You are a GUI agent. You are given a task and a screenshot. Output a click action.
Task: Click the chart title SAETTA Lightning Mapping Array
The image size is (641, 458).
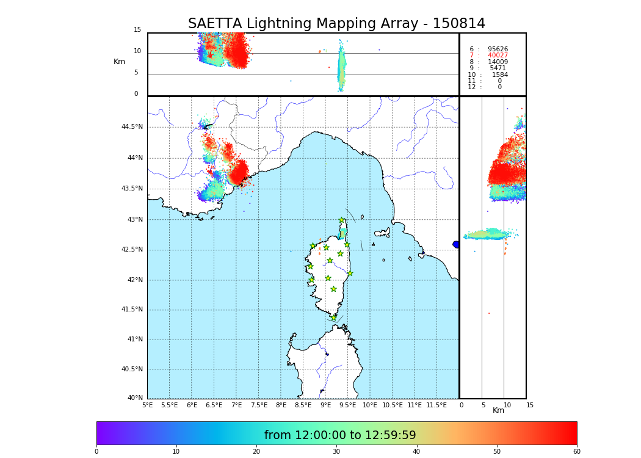pyautogui.click(x=336, y=24)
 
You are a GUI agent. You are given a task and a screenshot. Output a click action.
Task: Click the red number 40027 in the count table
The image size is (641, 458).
pyautogui.click(x=498, y=56)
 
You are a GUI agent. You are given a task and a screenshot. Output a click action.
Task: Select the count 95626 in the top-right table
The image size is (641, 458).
pyautogui.click(x=498, y=49)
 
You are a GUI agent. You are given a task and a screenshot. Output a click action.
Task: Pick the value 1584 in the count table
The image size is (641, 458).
pyautogui.click(x=499, y=75)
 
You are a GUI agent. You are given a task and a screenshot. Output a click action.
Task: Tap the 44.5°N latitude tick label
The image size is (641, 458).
pyautogui.click(x=132, y=127)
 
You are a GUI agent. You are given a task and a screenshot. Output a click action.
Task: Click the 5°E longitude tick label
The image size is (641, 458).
pyautogui.click(x=147, y=405)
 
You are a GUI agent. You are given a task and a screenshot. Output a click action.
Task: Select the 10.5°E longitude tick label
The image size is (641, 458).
pyautogui.click(x=392, y=405)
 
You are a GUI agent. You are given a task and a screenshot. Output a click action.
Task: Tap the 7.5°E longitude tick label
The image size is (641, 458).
pyautogui.click(x=259, y=405)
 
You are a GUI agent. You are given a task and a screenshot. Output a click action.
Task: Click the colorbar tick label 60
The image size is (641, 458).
pyautogui.click(x=576, y=452)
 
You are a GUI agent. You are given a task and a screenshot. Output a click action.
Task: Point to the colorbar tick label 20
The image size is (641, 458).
pyautogui.click(x=256, y=452)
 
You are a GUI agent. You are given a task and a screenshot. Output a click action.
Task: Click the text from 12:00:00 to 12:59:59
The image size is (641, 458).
pyautogui.click(x=340, y=435)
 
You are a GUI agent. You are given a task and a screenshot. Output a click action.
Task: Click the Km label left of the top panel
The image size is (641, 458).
pyautogui.click(x=119, y=62)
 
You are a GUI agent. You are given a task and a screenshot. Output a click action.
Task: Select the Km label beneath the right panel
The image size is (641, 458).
pyautogui.click(x=498, y=410)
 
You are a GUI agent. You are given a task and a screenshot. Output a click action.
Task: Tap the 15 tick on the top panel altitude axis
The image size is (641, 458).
pyautogui.click(x=137, y=30)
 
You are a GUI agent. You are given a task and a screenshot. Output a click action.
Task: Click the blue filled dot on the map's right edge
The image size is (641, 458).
pyautogui.click(x=456, y=244)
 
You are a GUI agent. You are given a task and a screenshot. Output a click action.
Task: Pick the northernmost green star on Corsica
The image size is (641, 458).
pyautogui.click(x=342, y=220)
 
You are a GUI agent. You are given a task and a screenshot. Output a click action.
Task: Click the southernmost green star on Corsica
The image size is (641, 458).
pyautogui.click(x=333, y=318)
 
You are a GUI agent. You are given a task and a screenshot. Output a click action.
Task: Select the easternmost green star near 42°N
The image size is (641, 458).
pyautogui.click(x=350, y=273)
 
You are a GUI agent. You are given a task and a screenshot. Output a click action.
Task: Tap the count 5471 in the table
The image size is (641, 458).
pyautogui.click(x=498, y=68)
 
